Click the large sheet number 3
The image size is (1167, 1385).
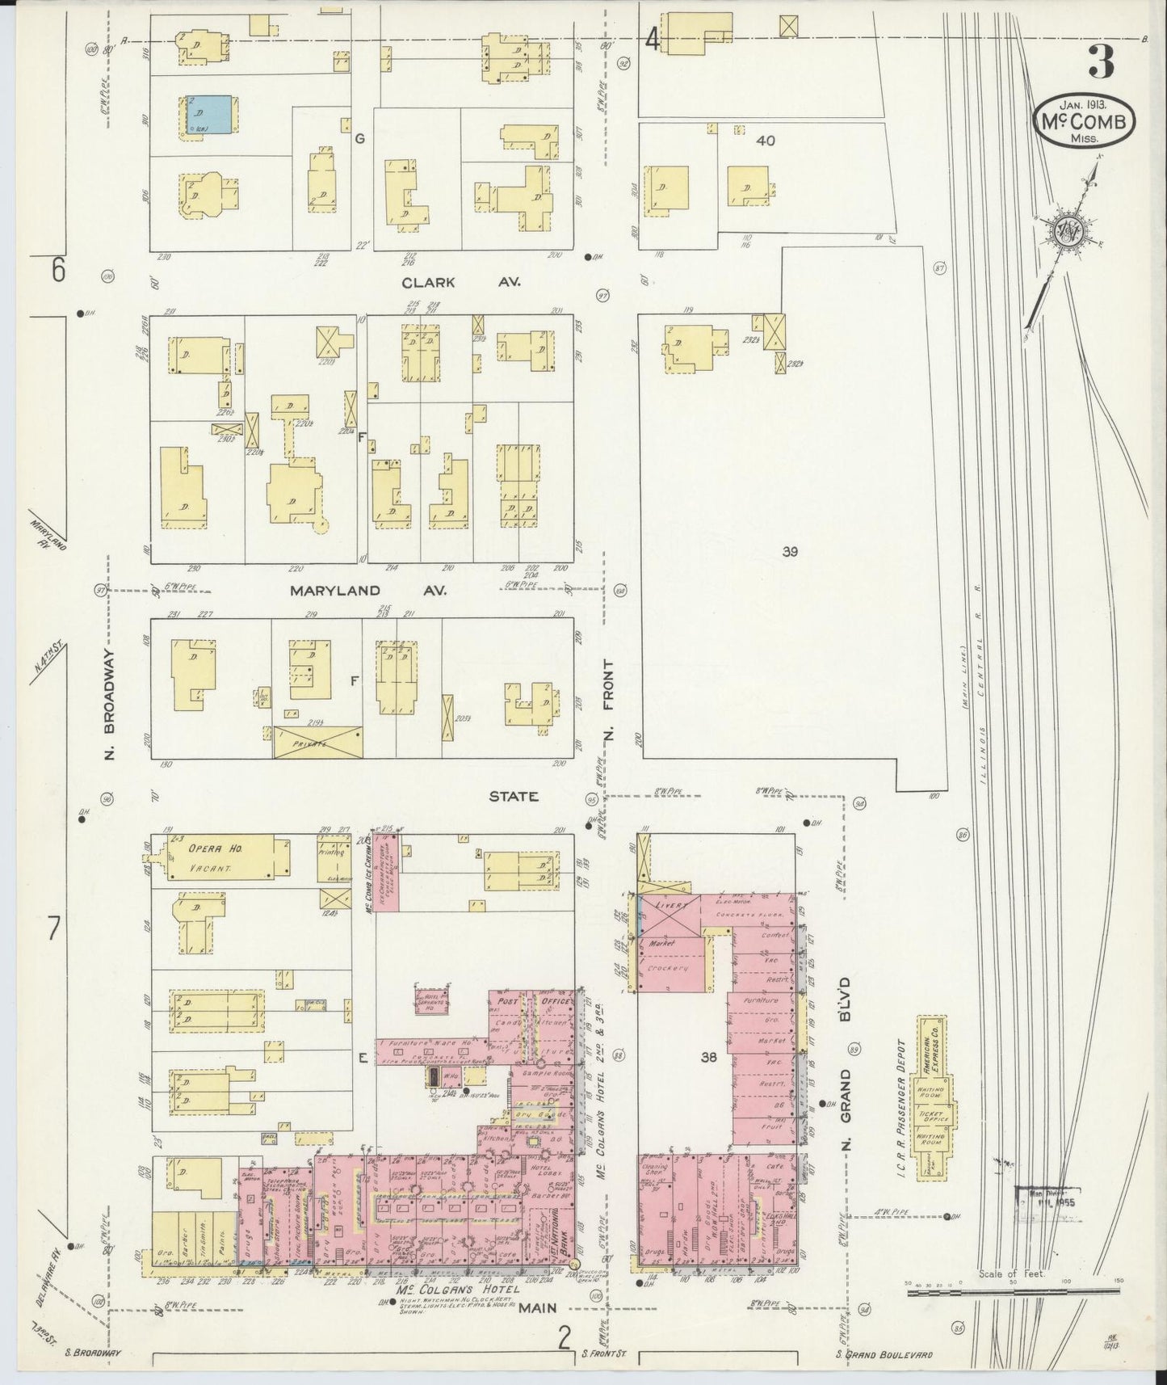1100,61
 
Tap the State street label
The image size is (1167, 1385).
513,796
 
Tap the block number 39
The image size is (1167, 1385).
789,552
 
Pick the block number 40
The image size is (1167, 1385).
765,141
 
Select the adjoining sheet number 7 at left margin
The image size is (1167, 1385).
53,930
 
